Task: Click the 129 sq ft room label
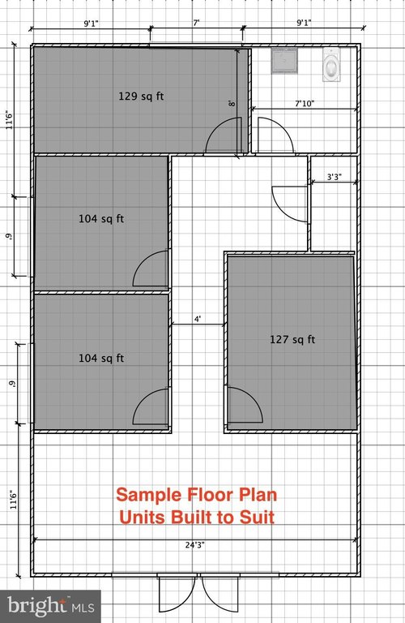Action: [141, 97]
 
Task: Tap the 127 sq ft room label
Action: [292, 339]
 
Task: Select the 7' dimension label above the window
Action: [196, 23]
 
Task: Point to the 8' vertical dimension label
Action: [232, 103]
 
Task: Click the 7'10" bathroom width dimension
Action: [305, 104]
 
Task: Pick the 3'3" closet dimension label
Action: [334, 176]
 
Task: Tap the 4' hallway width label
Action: [197, 319]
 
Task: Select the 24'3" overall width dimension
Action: [194, 545]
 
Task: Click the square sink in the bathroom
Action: [284, 61]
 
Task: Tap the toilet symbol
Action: [331, 65]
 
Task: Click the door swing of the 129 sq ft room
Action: [224, 135]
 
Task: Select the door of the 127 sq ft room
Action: [245, 406]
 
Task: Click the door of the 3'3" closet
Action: [290, 204]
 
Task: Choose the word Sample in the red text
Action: [149, 496]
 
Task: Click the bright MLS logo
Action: [51, 606]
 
